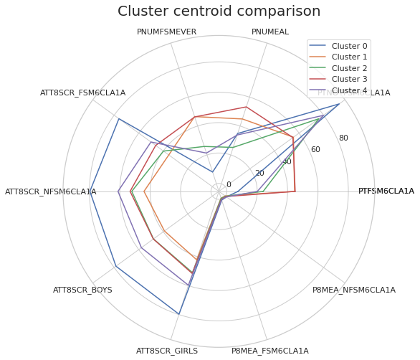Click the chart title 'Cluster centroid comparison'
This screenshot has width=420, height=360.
(x=219, y=11)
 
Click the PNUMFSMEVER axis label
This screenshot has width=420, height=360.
(x=166, y=32)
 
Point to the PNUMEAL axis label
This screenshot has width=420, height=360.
(x=270, y=32)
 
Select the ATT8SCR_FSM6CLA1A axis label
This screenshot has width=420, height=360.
(x=82, y=93)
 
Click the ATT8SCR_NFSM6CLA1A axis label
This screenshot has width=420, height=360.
(x=50, y=192)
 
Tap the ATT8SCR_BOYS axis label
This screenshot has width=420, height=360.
(x=82, y=290)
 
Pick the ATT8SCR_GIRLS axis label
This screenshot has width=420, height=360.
(x=166, y=351)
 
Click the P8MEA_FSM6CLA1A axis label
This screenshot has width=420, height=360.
(x=270, y=351)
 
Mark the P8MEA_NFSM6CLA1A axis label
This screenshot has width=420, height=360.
(x=353, y=290)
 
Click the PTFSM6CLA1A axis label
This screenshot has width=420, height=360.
(x=386, y=191)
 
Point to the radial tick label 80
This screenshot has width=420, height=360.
(x=343, y=138)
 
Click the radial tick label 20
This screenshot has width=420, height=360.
(x=259, y=174)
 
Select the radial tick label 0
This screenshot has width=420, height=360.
(x=229, y=185)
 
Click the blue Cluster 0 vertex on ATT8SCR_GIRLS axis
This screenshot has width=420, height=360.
(x=179, y=314)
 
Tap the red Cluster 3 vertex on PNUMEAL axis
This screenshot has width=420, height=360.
(x=247, y=108)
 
